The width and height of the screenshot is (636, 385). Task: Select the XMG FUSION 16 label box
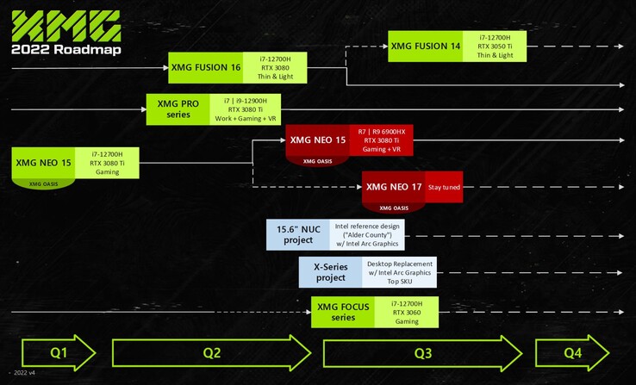coord(205,67)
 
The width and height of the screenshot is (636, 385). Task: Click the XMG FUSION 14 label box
coord(425,46)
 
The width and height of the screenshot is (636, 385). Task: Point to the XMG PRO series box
coord(178,109)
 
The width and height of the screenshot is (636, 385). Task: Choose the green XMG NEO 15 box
coord(43,162)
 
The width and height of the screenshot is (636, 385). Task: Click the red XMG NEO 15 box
coord(318,140)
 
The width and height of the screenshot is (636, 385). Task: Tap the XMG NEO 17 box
coord(393,186)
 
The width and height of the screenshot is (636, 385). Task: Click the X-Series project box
coord(328,271)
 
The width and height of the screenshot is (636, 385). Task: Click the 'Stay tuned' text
coord(443,186)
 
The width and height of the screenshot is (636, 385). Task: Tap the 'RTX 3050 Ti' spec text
coord(495,46)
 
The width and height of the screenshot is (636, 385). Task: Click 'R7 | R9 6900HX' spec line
coord(381,131)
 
